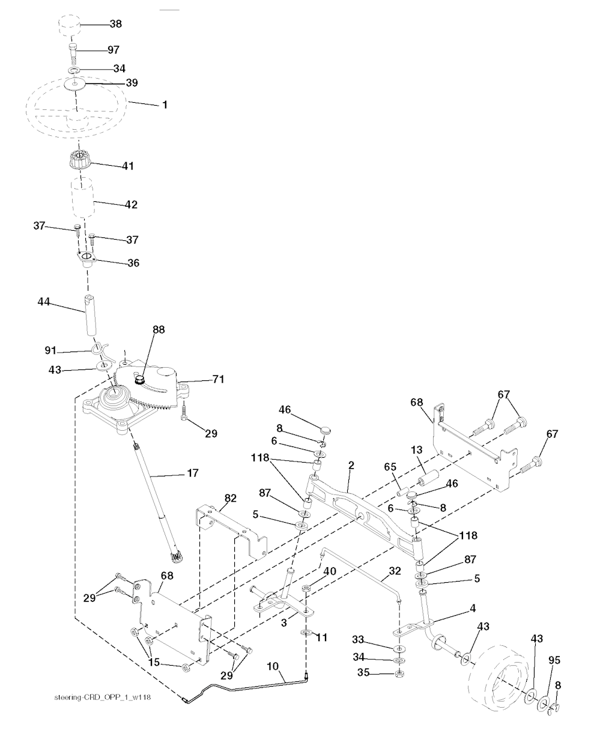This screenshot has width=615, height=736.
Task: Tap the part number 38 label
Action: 115,23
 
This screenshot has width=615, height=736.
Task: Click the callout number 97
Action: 113,50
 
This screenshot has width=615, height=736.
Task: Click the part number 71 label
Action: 218,379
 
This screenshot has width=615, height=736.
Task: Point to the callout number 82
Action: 230,498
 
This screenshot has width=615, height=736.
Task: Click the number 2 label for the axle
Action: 351,465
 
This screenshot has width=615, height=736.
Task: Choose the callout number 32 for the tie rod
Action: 395,571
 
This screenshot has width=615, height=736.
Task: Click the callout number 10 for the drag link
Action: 273,666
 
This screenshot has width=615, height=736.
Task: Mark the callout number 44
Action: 44,302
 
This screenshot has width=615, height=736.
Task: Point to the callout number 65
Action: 390,467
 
